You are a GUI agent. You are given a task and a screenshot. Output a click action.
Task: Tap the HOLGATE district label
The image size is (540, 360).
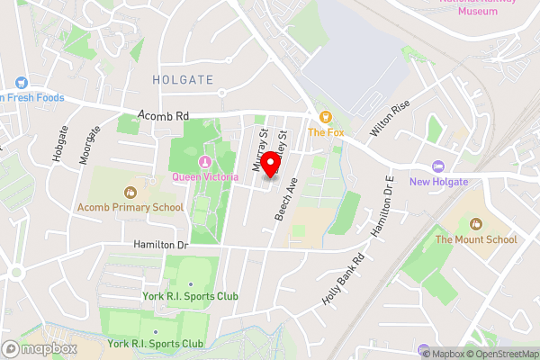point(184,80)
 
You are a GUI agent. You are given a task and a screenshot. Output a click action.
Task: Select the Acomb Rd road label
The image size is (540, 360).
point(164,116)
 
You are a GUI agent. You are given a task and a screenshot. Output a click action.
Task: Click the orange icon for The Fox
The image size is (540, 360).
point(326,116)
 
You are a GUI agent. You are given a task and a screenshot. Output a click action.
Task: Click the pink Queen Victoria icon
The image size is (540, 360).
point(204,162)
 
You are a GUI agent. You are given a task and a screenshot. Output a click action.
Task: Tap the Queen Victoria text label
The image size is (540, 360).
point(204,177)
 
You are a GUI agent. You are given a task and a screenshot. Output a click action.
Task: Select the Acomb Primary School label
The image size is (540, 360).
point(130,207)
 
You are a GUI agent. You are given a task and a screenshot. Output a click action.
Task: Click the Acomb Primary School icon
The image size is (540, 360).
point(130,192)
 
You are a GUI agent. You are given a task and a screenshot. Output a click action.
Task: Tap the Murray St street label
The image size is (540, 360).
point(261,150)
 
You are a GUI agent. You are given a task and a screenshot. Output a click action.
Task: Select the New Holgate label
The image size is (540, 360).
point(438,182)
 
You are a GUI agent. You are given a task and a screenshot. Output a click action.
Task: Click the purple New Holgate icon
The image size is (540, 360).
point(438,166)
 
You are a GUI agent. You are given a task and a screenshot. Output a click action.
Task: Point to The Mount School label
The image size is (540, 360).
point(476,239)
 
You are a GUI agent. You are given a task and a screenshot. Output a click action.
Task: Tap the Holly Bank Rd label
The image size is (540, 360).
point(344,279)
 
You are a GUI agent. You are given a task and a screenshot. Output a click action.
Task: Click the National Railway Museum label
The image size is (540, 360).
point(477,6)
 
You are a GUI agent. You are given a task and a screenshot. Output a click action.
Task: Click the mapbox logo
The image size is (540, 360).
point(40,349)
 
